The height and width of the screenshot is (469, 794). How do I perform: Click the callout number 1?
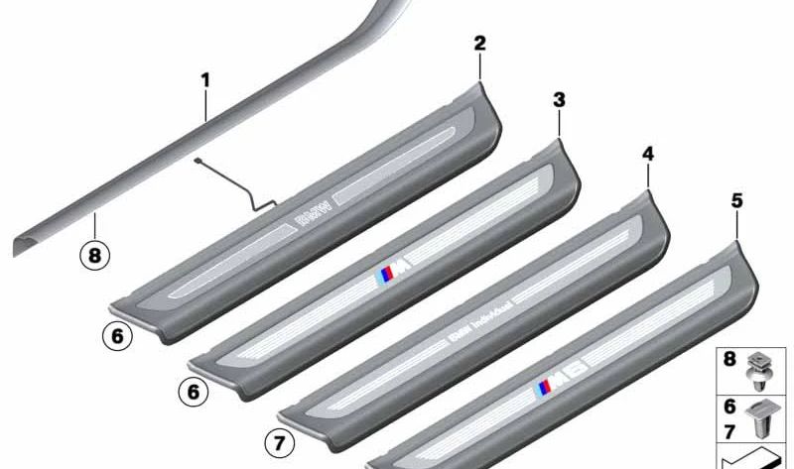tap(205, 78)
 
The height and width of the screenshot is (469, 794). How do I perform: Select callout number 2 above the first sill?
tap(479, 43)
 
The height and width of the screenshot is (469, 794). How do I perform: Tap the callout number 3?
tap(559, 99)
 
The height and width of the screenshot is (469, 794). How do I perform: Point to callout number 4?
tap(648, 154)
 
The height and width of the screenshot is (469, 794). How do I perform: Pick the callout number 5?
tap(735, 200)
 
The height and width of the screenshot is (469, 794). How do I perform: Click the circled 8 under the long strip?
tap(94, 255)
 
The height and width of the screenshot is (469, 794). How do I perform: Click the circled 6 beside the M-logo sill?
tap(194, 393)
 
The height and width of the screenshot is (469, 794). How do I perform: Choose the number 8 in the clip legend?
tap(730, 360)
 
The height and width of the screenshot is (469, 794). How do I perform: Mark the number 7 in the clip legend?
tap(730, 427)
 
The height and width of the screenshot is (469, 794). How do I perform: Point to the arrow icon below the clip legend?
tap(755, 458)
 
